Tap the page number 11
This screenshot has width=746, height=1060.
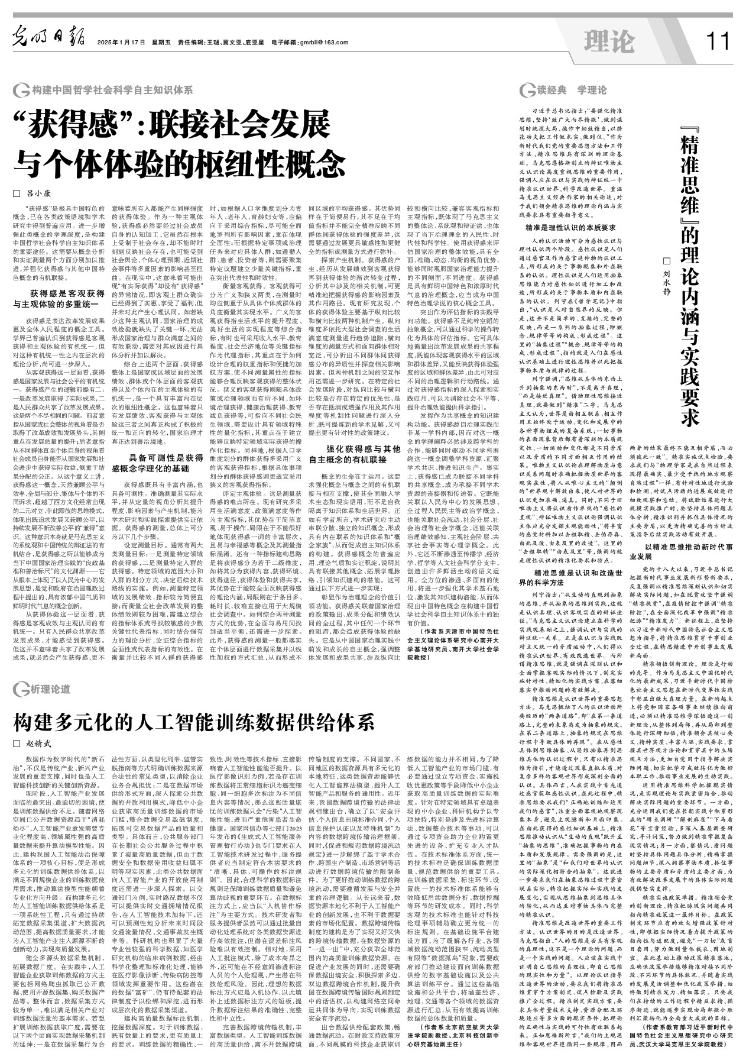(718, 41)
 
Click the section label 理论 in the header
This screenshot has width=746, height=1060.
(608, 41)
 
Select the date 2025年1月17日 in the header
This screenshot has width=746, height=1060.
(121, 43)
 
